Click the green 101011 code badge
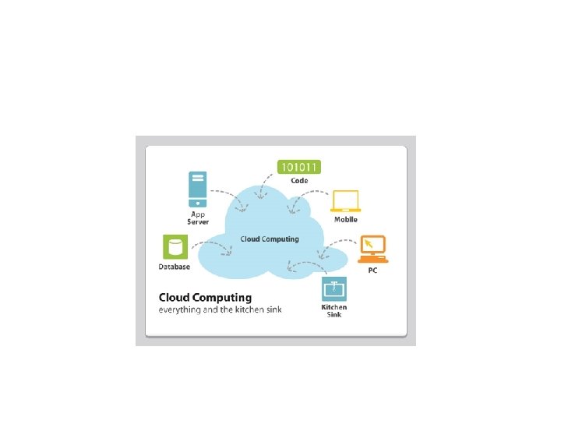coord(300,166)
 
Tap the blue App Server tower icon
coord(197,188)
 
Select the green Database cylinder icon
coord(175,247)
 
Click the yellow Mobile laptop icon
coord(345,200)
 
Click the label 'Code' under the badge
coord(300,181)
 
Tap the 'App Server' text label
coord(197,218)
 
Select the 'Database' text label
coord(175,267)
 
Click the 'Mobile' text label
coord(346,220)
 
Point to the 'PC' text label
coord(373,270)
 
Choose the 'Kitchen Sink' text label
coord(334,310)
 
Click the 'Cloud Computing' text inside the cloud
coord(269,239)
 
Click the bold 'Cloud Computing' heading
coord(205,297)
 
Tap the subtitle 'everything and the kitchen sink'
coord(221,310)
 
